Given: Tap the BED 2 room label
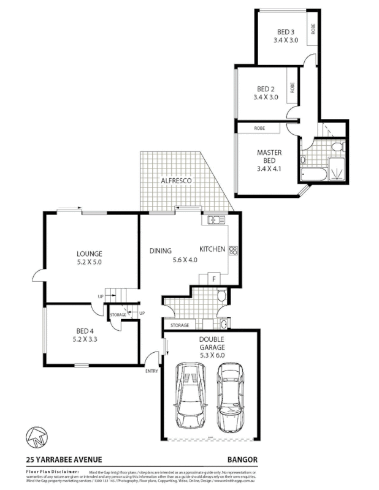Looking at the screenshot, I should click(x=266, y=89).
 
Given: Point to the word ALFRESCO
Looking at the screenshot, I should click(x=177, y=181).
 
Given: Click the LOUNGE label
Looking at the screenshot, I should click(x=90, y=254).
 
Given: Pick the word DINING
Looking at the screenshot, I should click(x=160, y=250).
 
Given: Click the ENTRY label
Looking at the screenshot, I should click(x=151, y=371).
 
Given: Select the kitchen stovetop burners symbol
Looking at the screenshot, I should click(x=233, y=249).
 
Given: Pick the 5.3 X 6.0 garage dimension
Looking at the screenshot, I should click(x=212, y=353).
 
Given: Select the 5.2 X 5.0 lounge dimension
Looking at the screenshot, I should click(x=90, y=262).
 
